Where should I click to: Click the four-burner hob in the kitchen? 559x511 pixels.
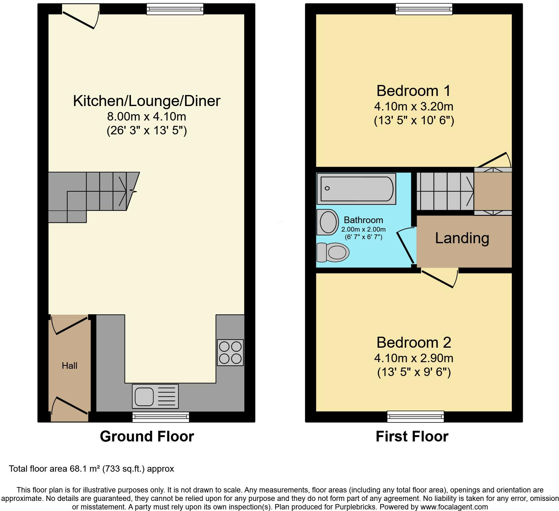click(x=230, y=352)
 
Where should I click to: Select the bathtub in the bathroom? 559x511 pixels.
click(x=356, y=189)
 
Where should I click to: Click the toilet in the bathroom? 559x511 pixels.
click(x=333, y=252)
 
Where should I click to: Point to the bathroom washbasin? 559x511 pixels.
click(x=328, y=222)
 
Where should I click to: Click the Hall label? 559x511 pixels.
click(x=70, y=365)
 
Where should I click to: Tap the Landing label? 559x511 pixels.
click(x=462, y=238)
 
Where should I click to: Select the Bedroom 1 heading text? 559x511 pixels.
click(x=414, y=91)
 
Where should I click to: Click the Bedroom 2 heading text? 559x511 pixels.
click(x=414, y=342)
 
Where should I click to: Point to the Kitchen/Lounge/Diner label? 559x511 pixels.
click(x=147, y=101)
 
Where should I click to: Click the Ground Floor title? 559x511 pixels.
click(x=147, y=436)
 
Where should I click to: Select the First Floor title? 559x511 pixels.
click(x=412, y=436)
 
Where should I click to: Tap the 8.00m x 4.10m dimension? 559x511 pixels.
click(x=147, y=117)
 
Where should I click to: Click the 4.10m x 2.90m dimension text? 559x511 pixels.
click(x=414, y=358)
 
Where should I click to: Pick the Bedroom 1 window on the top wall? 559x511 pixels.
click(x=424, y=9)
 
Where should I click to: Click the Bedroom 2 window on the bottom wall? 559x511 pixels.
click(x=415, y=417)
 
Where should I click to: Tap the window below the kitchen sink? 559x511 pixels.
click(x=161, y=417)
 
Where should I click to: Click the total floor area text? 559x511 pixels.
click(x=92, y=469)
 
